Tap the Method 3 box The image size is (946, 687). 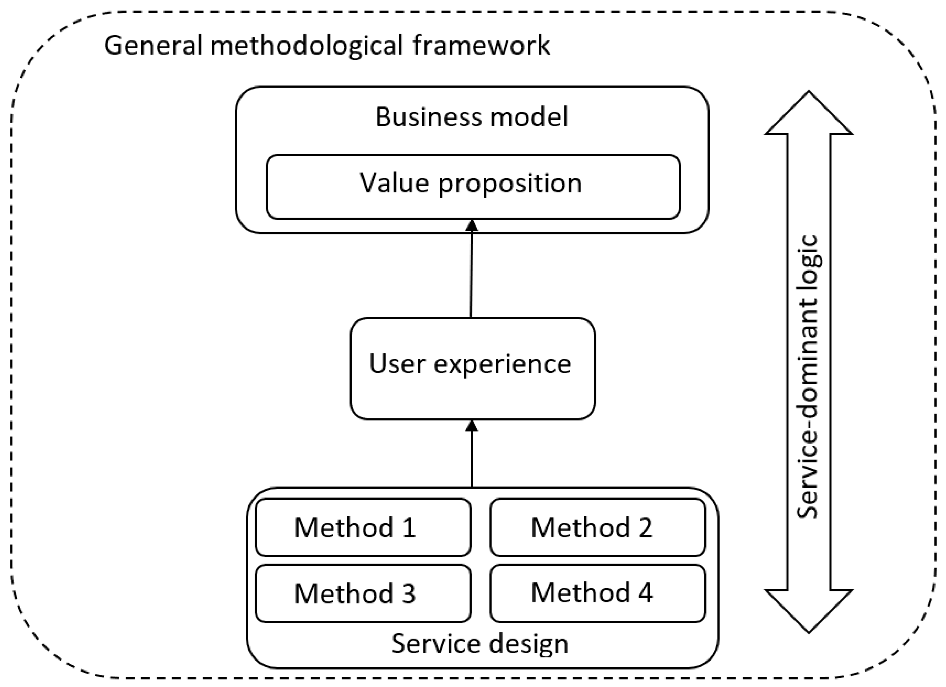pos(363,593)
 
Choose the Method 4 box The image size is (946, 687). pos(597,593)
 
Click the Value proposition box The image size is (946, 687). pos(473,187)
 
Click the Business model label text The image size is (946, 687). pos(472,116)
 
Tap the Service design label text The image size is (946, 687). pos(480,643)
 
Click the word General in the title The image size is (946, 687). pos(153,45)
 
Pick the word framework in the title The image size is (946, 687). pos(481,45)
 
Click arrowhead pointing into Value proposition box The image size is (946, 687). pos(472,225)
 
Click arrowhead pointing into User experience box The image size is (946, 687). pos(472,426)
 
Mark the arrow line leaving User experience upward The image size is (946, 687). pos(471,276)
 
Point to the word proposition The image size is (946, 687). pos(510,184)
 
